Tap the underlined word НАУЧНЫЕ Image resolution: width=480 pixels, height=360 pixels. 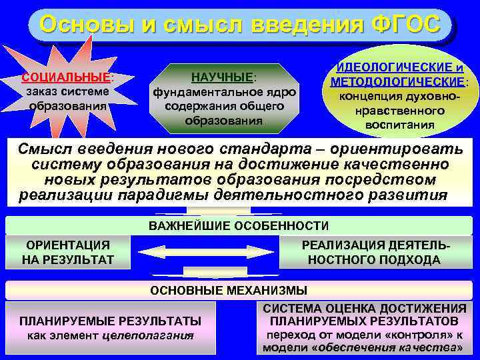click(x=222, y=78)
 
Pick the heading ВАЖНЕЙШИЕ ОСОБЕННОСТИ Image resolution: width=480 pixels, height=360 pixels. click(x=238, y=225)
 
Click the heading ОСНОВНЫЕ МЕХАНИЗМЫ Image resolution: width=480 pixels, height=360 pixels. click(x=229, y=290)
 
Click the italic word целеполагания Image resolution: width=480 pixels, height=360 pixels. click(x=149, y=335)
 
